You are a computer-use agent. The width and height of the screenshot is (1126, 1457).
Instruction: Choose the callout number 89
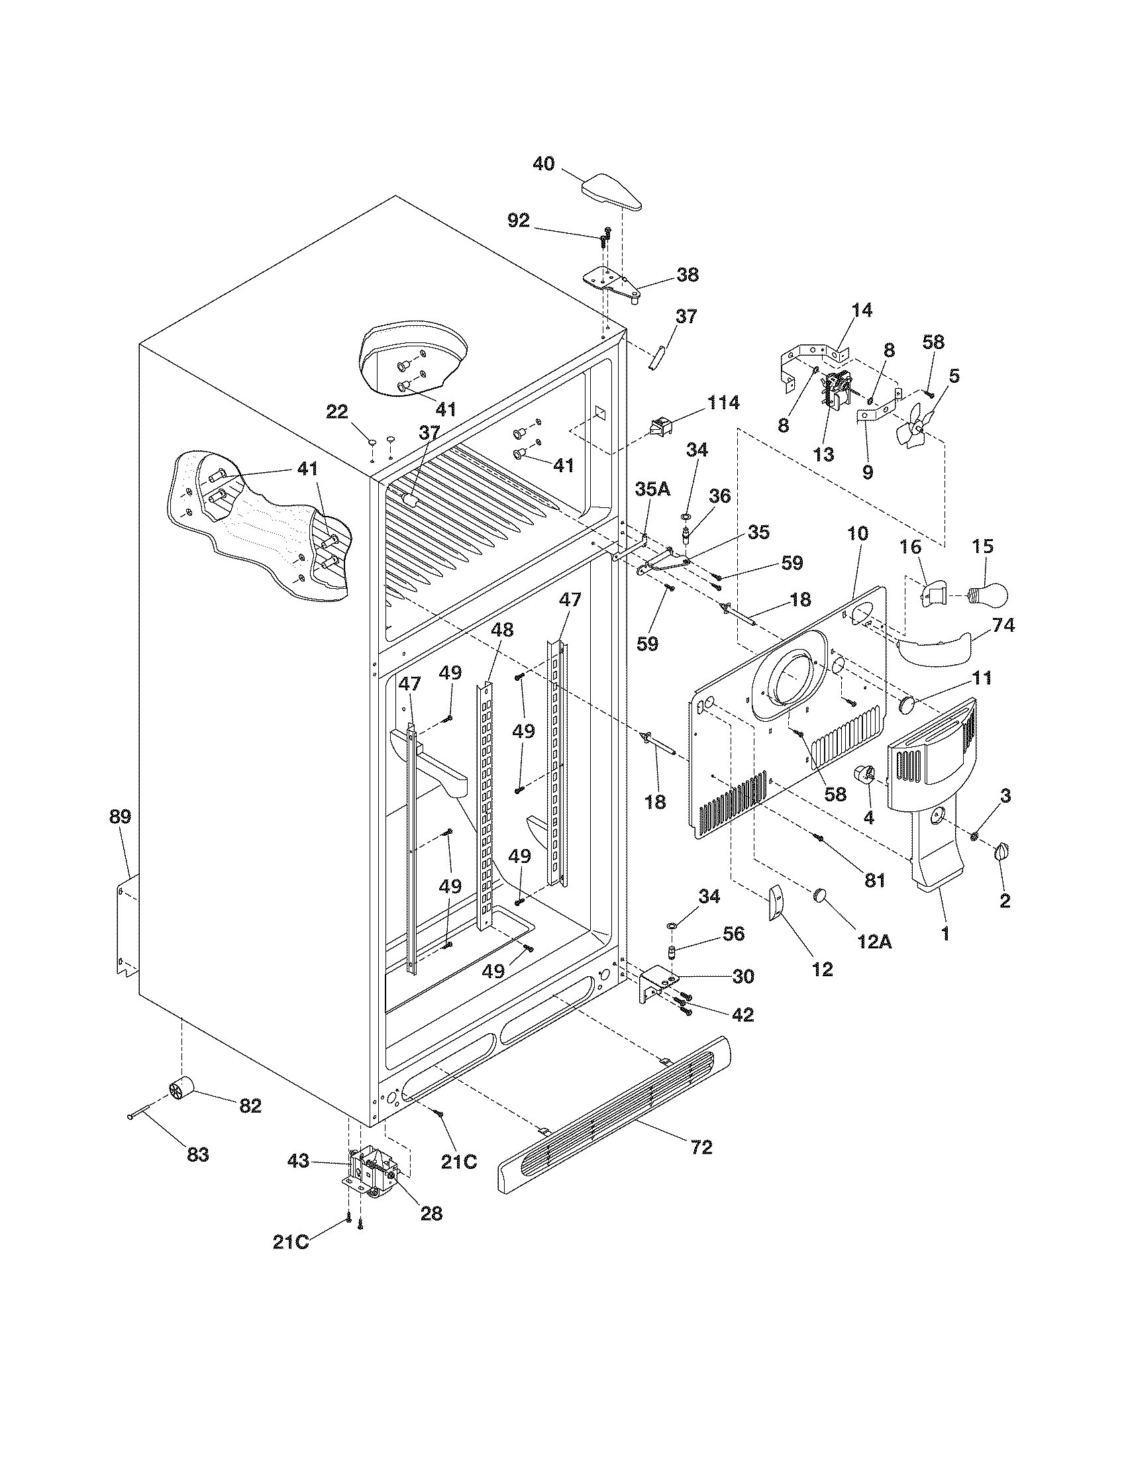click(x=120, y=817)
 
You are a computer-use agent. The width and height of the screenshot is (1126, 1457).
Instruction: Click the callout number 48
click(x=502, y=630)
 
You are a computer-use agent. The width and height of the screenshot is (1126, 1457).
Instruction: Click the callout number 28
click(x=432, y=1213)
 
